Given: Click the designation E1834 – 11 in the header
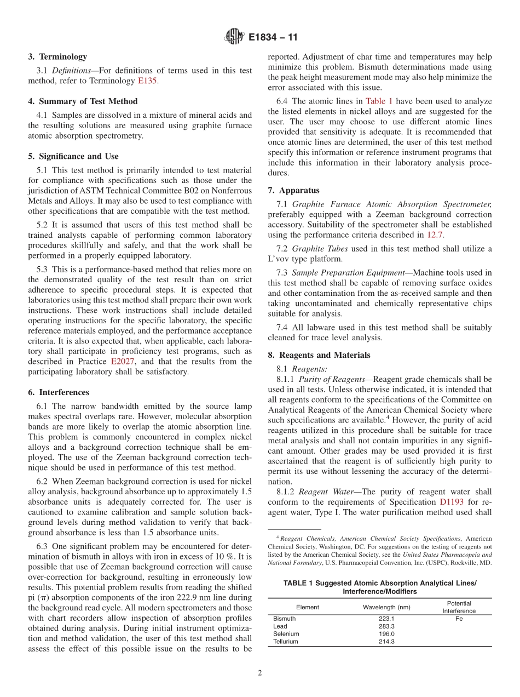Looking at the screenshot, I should pyautogui.click(x=273, y=38).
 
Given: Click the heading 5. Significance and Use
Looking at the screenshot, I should pyautogui.click(x=73, y=156).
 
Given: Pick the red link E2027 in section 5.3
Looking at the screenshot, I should pyautogui.click(x=122, y=362).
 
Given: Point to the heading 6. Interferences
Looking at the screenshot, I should pyautogui.click(x=59, y=392).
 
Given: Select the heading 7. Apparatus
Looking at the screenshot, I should pyautogui.click(x=293, y=190).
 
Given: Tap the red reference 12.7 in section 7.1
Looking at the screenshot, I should pyautogui.click(x=434, y=235).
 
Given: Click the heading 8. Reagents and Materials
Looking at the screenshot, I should pyautogui.click(x=319, y=355).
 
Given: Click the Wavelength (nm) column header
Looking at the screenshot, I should pyautogui.click(x=386, y=607).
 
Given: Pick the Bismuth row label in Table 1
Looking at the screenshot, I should pyautogui.click(x=284, y=619).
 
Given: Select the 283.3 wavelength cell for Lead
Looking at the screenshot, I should pyautogui.click(x=386, y=626).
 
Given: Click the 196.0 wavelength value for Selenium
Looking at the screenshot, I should pyautogui.click(x=386, y=634).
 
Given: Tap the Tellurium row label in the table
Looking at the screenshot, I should pyautogui.click(x=286, y=642).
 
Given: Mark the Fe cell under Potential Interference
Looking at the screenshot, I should pyautogui.click(x=459, y=619).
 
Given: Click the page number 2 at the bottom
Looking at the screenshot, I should pyautogui.click(x=260, y=673).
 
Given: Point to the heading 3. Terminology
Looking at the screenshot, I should pyautogui.click(x=57, y=56).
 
